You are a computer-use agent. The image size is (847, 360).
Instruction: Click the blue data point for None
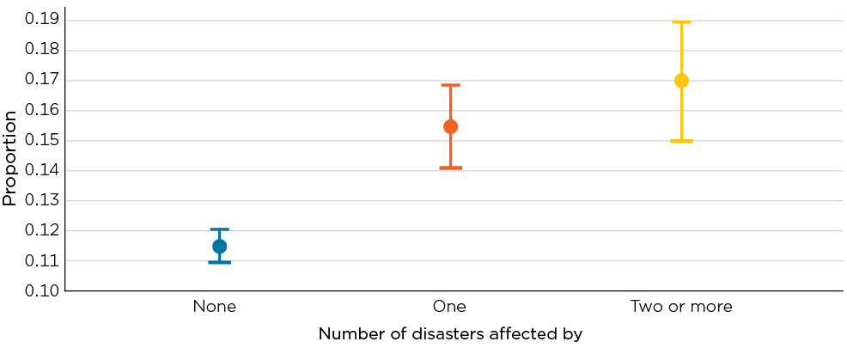point(219,247)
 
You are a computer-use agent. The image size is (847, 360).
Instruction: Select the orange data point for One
point(450,126)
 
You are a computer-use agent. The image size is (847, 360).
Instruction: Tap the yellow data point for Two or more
point(682,81)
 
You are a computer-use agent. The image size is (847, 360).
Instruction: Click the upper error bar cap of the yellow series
point(682,22)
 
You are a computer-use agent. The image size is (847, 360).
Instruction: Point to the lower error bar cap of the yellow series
point(682,141)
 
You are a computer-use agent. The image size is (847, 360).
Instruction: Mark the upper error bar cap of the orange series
point(450,85)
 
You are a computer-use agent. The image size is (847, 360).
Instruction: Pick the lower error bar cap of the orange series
point(450,168)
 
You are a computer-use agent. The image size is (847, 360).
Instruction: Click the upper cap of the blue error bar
point(219,229)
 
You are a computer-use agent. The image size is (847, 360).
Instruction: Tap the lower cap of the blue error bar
point(219,262)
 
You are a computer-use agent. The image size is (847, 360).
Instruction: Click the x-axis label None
point(215,307)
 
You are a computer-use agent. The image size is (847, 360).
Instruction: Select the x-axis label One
point(449,307)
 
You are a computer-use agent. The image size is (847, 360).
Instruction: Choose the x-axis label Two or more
point(681,307)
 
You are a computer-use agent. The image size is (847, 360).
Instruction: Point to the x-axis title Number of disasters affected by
point(450,334)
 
